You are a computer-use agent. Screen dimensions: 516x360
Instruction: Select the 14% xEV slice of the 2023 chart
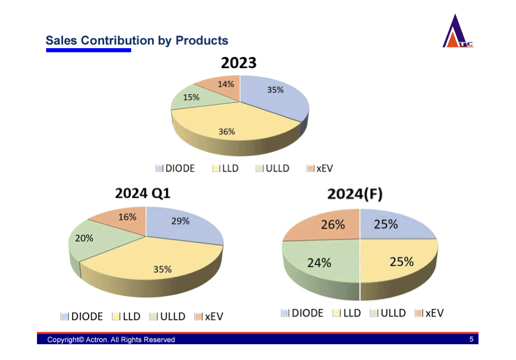[221, 88]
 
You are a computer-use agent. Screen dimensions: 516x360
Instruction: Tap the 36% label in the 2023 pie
[226, 132]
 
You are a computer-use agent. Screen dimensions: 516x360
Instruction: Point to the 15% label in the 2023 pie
[191, 97]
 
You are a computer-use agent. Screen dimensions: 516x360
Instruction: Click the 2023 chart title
[239, 63]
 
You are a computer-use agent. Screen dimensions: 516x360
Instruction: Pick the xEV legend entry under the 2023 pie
[320, 168]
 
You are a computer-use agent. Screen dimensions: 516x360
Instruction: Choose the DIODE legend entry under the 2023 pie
[175, 168]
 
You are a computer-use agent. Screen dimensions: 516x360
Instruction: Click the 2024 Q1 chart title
[142, 193]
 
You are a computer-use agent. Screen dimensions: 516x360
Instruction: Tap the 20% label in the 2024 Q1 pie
[84, 238]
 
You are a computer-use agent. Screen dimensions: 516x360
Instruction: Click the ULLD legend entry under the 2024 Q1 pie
[167, 316]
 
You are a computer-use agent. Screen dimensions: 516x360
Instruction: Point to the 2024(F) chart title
[355, 194]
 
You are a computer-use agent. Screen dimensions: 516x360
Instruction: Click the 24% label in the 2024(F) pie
[319, 263]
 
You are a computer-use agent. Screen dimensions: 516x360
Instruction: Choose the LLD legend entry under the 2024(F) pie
[346, 313]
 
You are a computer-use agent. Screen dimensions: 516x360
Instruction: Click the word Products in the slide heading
[202, 40]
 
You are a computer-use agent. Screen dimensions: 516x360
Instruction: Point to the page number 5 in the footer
[471, 339]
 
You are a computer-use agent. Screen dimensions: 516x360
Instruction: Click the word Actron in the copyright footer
[96, 340]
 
